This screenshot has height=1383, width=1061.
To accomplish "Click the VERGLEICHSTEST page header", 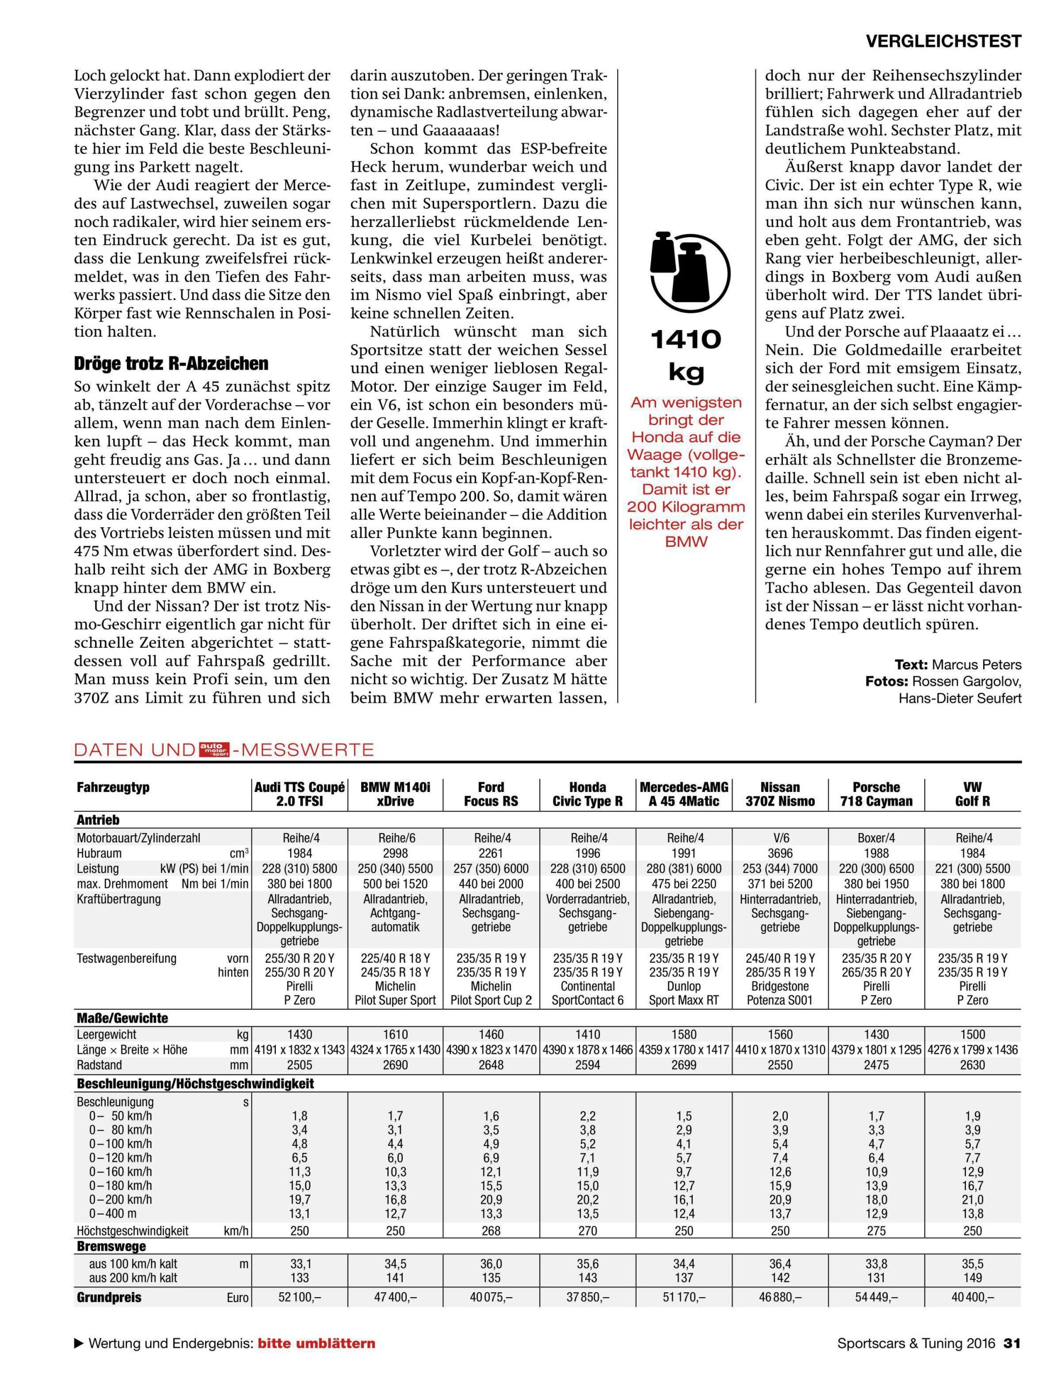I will point(943,41).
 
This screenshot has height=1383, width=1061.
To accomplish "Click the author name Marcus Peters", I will point(976,664).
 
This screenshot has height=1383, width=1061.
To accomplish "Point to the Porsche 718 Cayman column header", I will point(876,794).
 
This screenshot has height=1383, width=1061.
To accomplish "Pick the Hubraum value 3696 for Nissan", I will point(780,853).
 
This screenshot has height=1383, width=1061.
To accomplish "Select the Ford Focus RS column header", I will point(491,794).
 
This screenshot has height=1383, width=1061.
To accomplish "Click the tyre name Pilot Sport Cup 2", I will point(491,1000).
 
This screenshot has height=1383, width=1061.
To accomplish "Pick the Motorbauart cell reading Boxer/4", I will point(876,838).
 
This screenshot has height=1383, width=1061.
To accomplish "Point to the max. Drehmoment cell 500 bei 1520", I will point(395,883).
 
